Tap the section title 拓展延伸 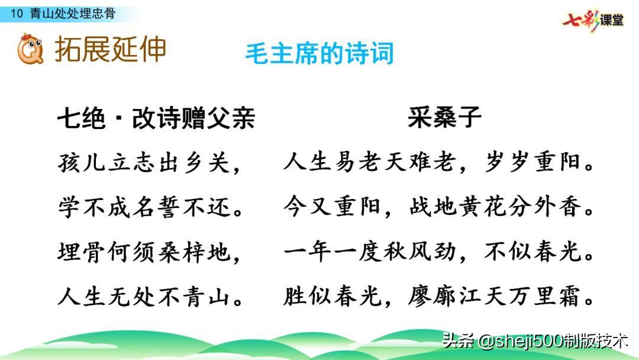(x=111, y=49)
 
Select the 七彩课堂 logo (x=593, y=20)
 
